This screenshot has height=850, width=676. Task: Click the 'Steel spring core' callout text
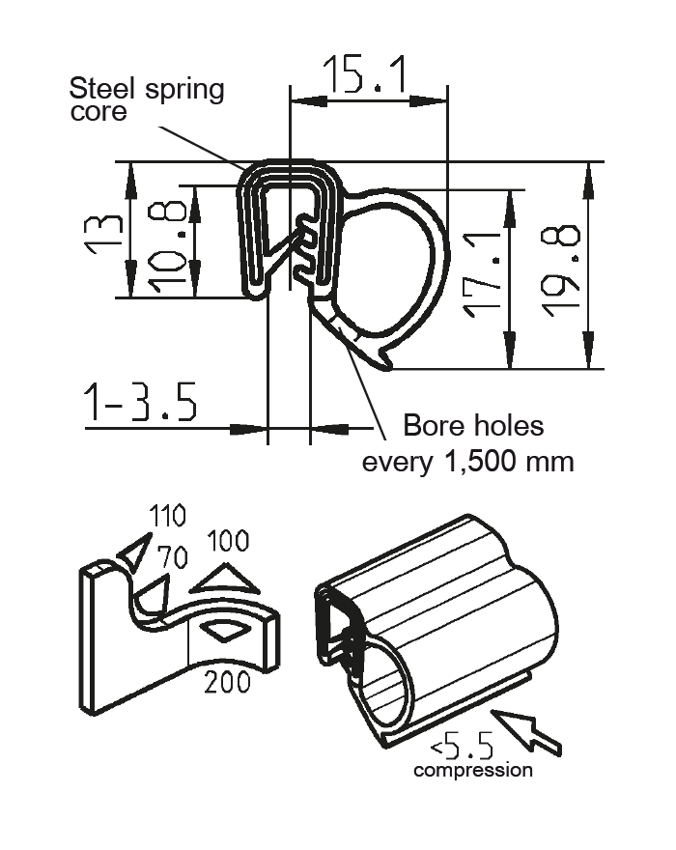pos(146,99)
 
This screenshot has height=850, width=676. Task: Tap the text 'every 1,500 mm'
pos(467,462)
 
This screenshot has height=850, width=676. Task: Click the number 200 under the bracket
pos(227,682)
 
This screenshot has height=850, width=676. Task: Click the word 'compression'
pos(472,771)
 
